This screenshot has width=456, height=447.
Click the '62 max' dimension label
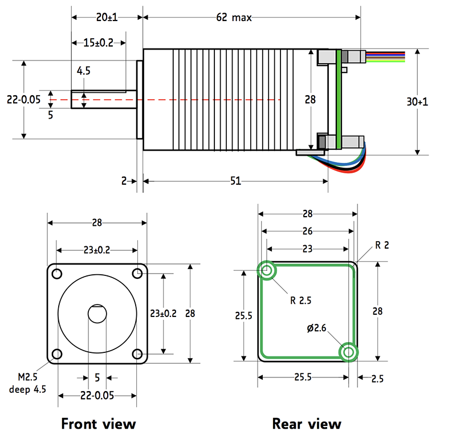(x=233, y=18)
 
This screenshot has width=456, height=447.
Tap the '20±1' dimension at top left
(x=107, y=18)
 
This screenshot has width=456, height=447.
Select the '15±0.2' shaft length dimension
(x=98, y=43)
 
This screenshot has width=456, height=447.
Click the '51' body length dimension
(x=235, y=181)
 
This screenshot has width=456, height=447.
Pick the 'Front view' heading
(x=99, y=424)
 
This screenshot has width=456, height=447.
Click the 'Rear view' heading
(x=307, y=424)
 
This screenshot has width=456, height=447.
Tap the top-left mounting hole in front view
(x=57, y=274)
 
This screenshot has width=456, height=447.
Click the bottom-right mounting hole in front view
(x=137, y=354)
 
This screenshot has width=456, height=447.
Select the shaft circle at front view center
(x=97, y=314)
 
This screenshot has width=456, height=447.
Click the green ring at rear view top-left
(x=267, y=270)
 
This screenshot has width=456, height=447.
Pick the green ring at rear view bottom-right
(x=348, y=352)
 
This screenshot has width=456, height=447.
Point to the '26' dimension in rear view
(x=307, y=231)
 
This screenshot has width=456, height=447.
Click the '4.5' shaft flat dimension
(x=84, y=71)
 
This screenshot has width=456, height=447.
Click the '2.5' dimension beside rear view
(x=377, y=378)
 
